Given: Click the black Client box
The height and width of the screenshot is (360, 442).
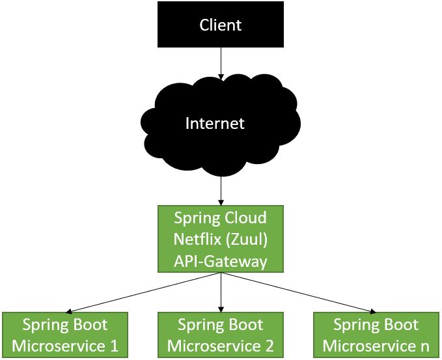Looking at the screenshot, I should tap(221, 25).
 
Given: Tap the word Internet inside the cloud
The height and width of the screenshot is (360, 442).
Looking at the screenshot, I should tap(215, 124).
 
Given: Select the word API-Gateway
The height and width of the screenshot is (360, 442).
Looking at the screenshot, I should tap(221, 262).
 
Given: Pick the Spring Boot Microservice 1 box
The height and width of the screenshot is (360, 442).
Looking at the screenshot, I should tap(65, 335).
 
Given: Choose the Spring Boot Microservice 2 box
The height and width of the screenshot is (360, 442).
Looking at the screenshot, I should tap(221, 335).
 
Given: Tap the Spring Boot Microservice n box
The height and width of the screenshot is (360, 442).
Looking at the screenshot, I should tap(376, 335).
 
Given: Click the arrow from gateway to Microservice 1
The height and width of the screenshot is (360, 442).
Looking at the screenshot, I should tap(143, 292).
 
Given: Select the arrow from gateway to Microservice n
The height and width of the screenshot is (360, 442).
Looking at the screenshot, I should tap(299, 292).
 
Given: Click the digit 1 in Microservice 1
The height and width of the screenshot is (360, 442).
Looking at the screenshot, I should tap(114, 346).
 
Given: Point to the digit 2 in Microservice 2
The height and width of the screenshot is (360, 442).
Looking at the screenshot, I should tap(269, 346).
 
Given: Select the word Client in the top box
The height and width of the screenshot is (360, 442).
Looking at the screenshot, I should tap(221, 25).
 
